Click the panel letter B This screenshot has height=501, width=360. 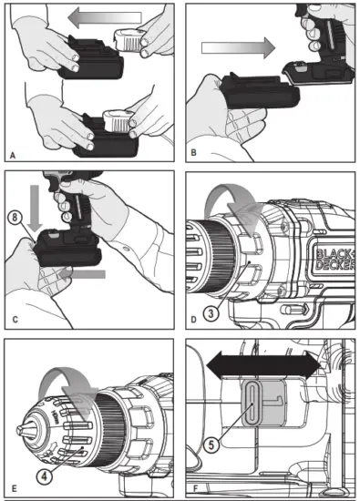[x=192, y=156]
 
